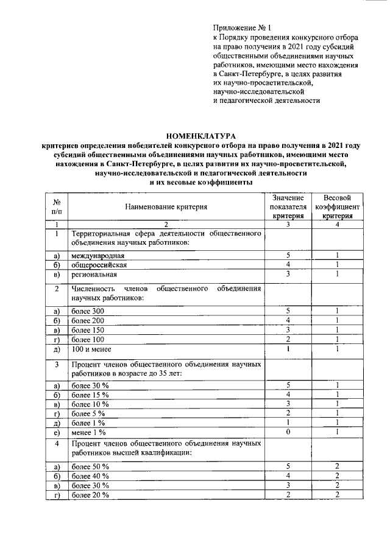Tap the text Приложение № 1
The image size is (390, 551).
pyautogui.click(x=241, y=27)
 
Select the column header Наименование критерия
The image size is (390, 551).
pyautogui.click(x=166, y=207)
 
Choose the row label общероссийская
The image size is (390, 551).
pyautogui.click(x=99, y=265)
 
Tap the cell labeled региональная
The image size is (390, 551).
pyautogui.click(x=94, y=275)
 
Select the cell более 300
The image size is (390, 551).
pyautogui.click(x=88, y=311)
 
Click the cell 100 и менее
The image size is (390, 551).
pyautogui.click(x=91, y=348)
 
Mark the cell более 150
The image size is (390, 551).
pyautogui.click(x=88, y=330)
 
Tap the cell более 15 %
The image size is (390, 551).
pyautogui.click(x=90, y=395)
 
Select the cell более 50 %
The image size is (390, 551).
pyautogui.click(x=90, y=466)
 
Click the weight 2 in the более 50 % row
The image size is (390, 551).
pyautogui.click(x=337, y=466)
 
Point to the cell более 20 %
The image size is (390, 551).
pyautogui.click(x=90, y=495)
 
